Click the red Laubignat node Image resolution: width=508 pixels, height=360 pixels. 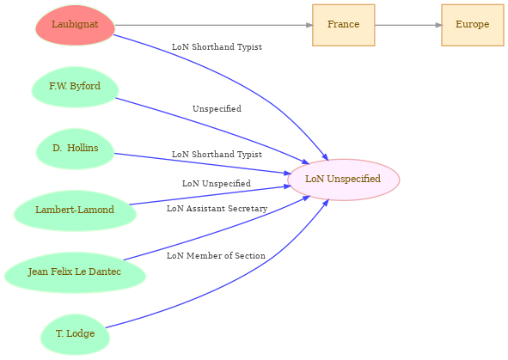tap(75, 25)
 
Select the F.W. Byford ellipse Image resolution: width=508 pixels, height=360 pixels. tap(75, 87)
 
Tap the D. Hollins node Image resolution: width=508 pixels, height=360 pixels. tap(75, 149)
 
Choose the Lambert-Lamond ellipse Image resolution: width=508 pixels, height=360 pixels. tap(75, 211)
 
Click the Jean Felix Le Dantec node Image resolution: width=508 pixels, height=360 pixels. tap(75, 272)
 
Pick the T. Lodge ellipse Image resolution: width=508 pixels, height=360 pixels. tap(75, 334)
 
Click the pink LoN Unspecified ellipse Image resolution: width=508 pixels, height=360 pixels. tap(344, 180)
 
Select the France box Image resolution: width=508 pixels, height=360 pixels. tap(344, 25)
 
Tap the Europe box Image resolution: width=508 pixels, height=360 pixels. tap(473, 25)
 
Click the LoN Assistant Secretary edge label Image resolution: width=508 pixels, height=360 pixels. tap(217, 209)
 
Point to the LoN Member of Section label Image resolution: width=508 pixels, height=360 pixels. tap(216, 256)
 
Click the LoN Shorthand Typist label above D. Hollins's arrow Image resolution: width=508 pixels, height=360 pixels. tap(217, 154)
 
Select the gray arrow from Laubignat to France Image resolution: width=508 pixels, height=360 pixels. tap(214, 25)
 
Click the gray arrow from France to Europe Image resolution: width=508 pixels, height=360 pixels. tap(408, 25)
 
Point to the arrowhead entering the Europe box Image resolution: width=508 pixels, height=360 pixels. tap(438, 25)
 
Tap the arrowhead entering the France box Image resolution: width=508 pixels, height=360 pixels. tap(309, 25)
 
